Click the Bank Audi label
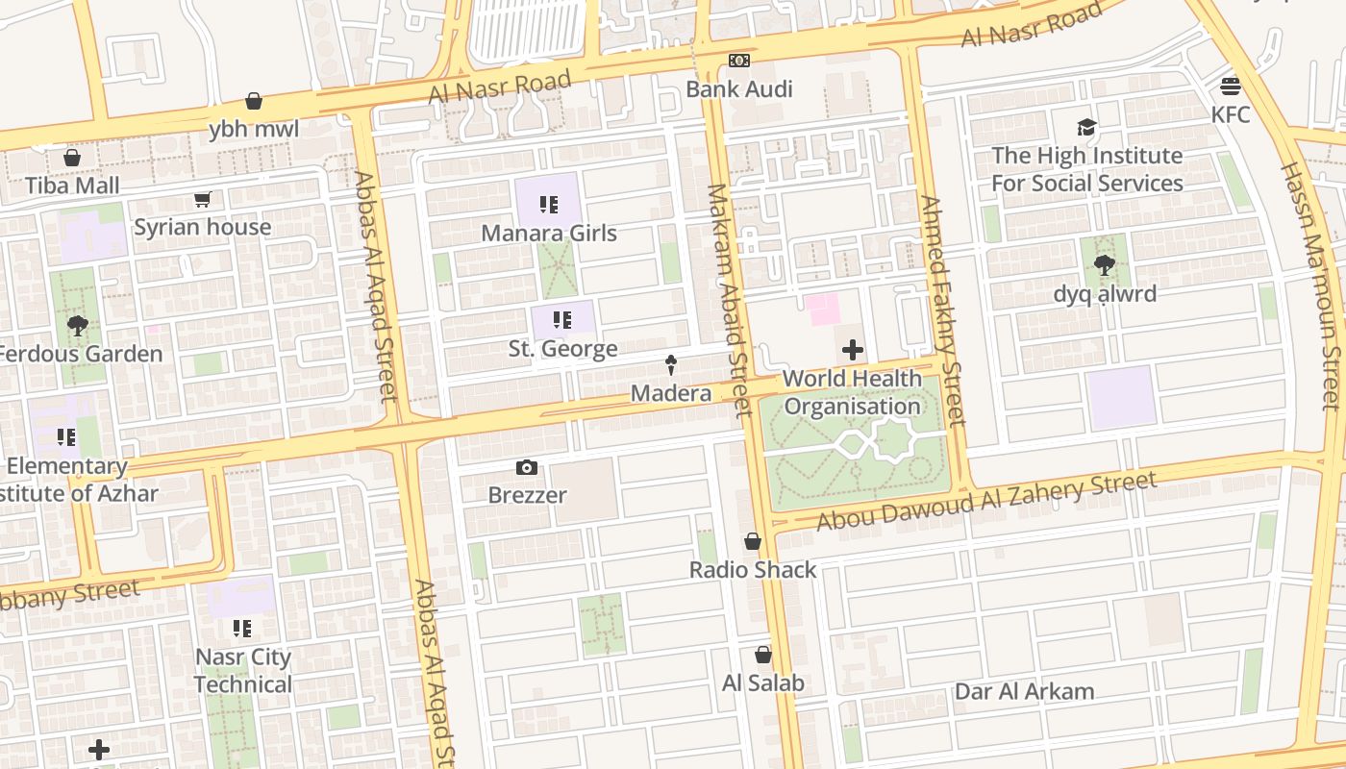[738, 89]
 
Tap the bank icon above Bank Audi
[738, 61]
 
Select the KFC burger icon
[1231, 87]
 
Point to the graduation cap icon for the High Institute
[1086, 127]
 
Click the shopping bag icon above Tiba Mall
[72, 158]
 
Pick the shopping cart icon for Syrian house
[202, 200]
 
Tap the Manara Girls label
[549, 233]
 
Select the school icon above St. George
[562, 319]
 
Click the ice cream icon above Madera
[671, 364]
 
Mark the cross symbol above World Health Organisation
[852, 350]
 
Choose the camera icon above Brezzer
[527, 468]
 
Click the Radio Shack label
[753, 570]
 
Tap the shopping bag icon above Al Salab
[762, 656]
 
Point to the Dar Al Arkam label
[1024, 691]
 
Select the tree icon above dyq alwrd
[1104, 265]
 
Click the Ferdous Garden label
[80, 354]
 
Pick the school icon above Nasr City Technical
[242, 629]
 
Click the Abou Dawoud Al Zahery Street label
[985, 501]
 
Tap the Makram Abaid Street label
[728, 300]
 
